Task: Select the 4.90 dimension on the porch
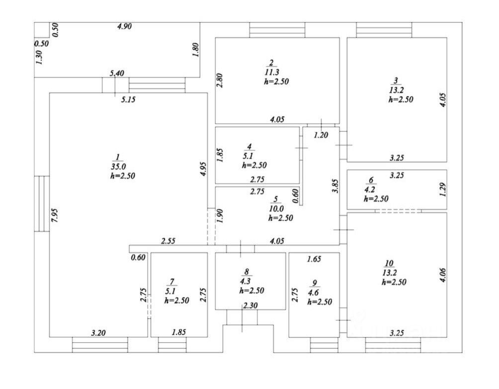124,27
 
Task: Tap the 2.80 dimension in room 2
220,81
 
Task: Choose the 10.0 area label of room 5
275,208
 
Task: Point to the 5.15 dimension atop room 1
129,99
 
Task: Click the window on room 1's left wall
42,203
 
